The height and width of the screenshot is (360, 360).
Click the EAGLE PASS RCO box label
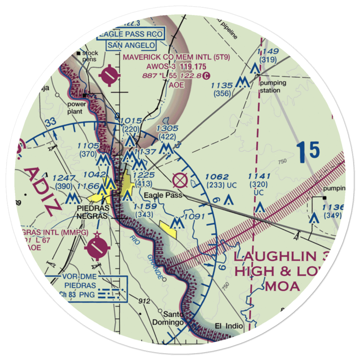pyautogui.click(x=131, y=35)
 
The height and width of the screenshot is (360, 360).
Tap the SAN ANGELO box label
pyautogui.click(x=131, y=45)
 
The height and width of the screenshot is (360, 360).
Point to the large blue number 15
pyautogui.click(x=309, y=150)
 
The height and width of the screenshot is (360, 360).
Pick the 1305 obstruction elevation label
pyautogui.click(x=167, y=129)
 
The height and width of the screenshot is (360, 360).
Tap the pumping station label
pyautogui.click(x=274, y=86)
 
